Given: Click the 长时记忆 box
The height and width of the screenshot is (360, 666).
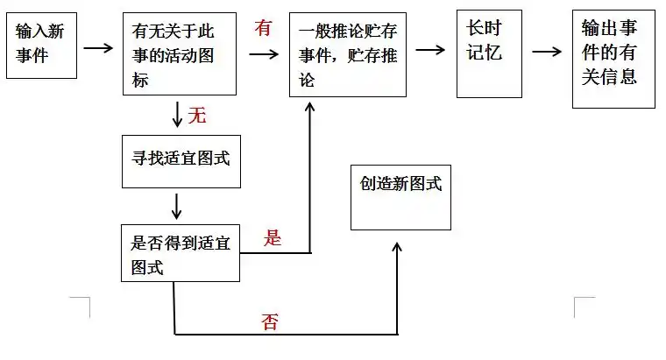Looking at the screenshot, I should point(489,53).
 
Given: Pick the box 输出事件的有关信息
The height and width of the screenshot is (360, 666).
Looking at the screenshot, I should point(613,59).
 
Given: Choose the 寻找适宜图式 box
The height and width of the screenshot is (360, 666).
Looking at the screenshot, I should point(180,161).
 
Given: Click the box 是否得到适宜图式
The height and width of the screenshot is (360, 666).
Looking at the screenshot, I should point(180,252).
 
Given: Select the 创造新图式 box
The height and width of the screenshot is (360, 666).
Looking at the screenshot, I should point(400,197).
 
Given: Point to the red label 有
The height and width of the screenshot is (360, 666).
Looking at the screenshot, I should point(263,29).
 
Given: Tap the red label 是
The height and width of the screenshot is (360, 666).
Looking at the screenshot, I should point(273,237).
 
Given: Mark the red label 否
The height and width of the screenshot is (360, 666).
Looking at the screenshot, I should point(270,321).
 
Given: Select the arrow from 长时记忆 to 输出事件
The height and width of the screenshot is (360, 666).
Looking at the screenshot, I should point(546,51).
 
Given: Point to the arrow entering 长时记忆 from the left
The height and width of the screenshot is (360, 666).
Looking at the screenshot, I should point(430,49).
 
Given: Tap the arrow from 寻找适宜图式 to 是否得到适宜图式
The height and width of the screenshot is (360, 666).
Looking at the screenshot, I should point(178,205).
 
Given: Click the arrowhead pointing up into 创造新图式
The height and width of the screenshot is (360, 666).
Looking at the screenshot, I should point(397,248).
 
